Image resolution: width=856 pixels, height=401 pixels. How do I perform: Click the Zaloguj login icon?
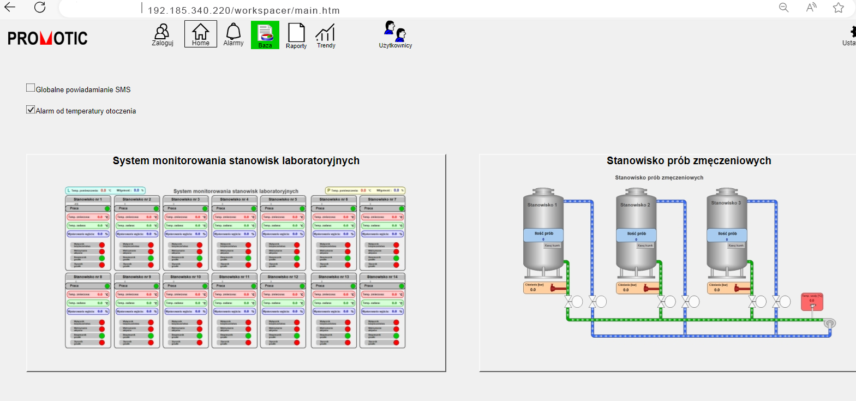162,34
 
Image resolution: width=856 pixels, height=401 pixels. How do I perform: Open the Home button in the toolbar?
200,34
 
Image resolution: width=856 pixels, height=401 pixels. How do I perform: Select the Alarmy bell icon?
234,34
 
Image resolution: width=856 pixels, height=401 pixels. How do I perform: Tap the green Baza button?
265,35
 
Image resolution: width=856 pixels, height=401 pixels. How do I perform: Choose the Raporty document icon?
296,35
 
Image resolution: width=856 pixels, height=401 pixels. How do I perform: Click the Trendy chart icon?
326,35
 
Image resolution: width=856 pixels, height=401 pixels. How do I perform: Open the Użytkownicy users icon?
396,34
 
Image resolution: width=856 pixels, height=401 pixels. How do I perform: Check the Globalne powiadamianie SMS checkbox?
31,88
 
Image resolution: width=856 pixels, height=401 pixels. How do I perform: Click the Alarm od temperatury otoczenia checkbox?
31,110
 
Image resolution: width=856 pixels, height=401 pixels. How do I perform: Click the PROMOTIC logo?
47,38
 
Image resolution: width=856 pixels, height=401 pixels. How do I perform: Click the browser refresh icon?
40,7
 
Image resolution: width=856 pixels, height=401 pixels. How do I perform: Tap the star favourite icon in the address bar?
839,7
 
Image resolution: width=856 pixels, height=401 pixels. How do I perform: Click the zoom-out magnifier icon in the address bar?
783,7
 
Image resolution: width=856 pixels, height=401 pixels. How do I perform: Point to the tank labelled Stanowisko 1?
543,229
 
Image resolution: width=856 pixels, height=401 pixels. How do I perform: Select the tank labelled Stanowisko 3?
727,229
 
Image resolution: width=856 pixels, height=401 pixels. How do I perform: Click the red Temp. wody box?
811,301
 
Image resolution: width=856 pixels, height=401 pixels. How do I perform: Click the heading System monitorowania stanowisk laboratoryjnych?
236,160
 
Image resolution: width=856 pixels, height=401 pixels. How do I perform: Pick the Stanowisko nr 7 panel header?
382,200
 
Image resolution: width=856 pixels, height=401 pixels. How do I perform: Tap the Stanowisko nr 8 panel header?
88,277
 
